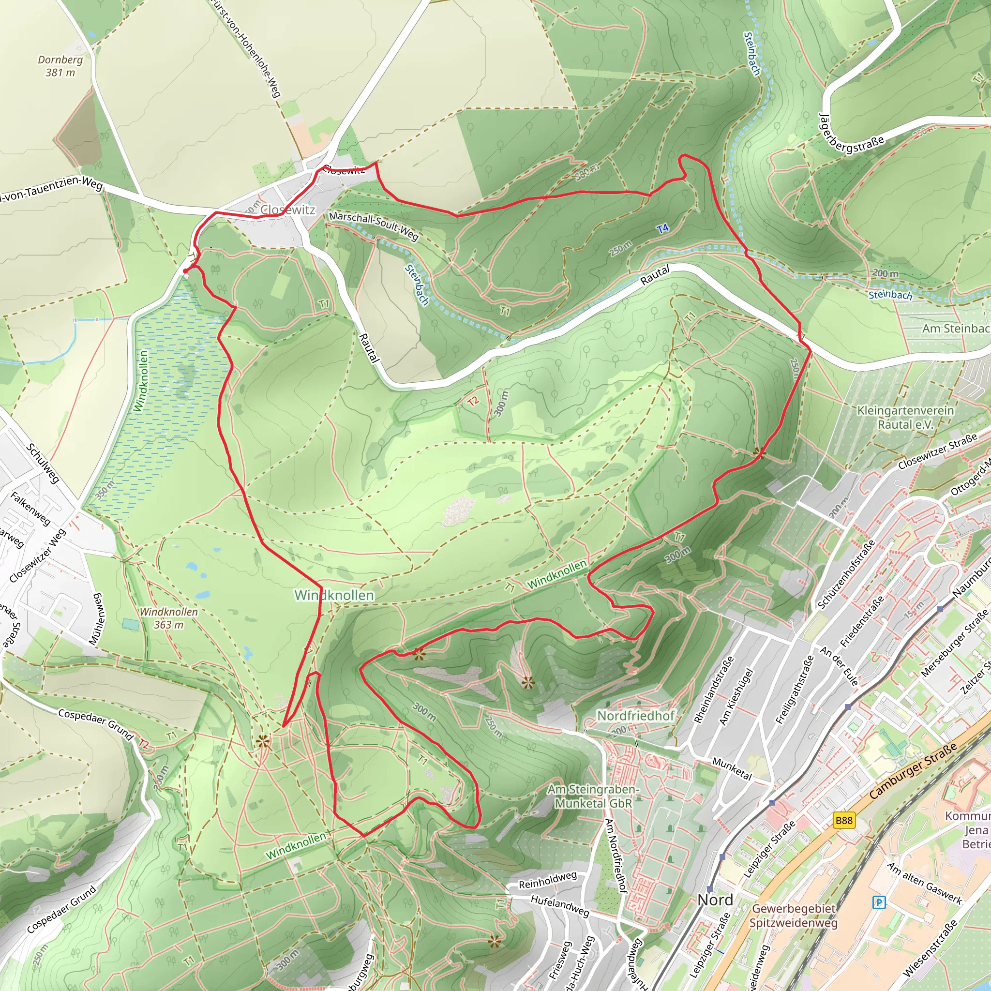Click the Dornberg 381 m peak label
(x=60, y=66)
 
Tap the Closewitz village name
(x=288, y=210)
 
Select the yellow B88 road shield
(x=844, y=820)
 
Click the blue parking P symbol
(x=879, y=902)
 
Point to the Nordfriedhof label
(x=635, y=716)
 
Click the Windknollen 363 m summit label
(x=168, y=618)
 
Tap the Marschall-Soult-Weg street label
(x=374, y=225)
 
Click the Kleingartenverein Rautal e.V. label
(x=905, y=417)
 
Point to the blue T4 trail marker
(x=663, y=229)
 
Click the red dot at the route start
(x=185, y=271)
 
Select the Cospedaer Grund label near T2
(x=95, y=724)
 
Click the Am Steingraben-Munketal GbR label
(x=593, y=796)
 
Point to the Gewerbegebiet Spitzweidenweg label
(x=794, y=916)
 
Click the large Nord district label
(x=716, y=900)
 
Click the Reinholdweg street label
(x=548, y=880)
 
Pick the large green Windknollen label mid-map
(x=334, y=595)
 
